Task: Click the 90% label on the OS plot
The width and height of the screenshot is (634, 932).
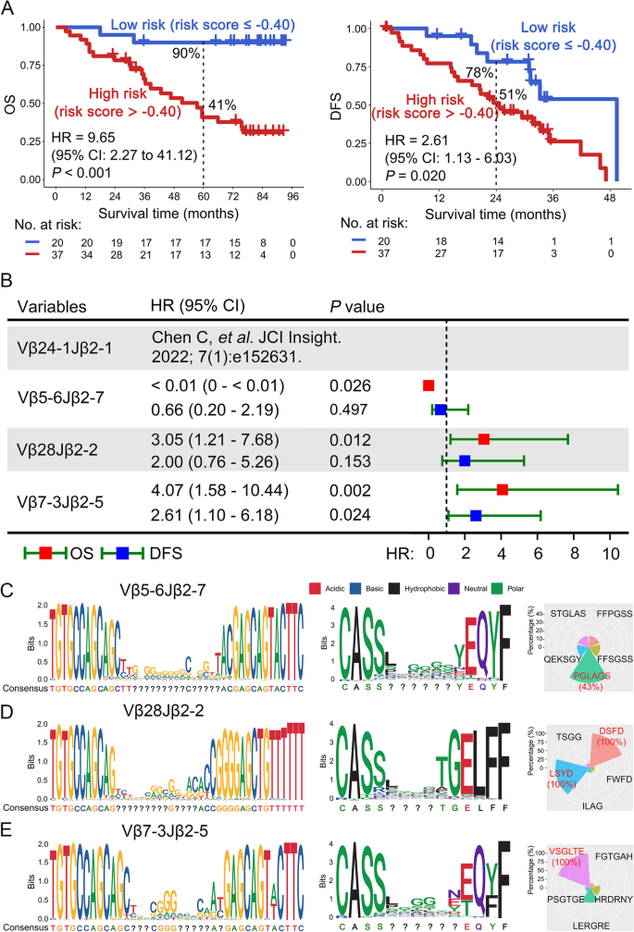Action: [x=185, y=54]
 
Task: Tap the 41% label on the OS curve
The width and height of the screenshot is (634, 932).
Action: [x=222, y=104]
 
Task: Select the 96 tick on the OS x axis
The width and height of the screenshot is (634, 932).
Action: [x=292, y=197]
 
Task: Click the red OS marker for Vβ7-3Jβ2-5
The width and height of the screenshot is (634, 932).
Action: [x=503, y=489]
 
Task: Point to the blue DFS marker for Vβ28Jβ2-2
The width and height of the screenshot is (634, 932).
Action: [x=465, y=460]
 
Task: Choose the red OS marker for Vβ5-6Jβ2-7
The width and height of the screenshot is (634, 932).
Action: [x=429, y=384]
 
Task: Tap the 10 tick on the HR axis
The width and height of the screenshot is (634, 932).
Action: [x=610, y=555]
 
